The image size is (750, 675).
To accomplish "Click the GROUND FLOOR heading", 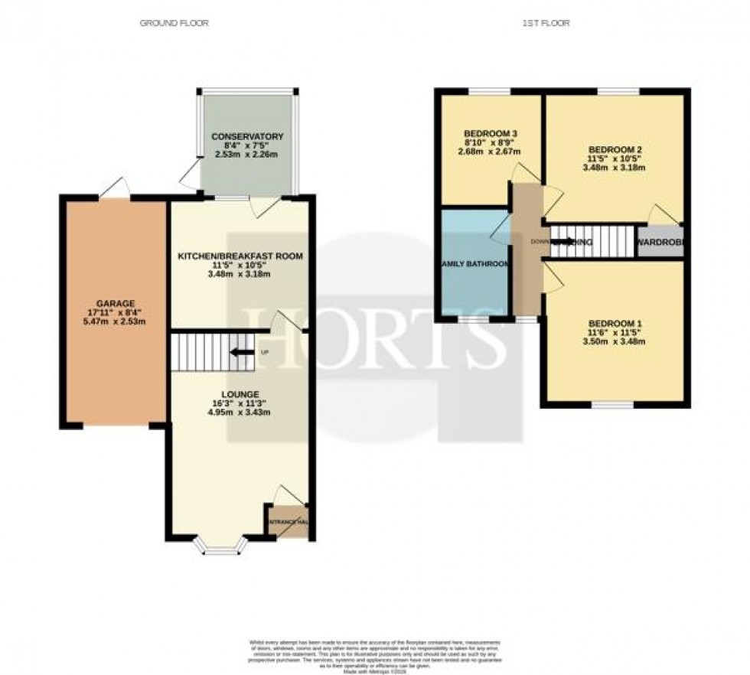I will (174, 23).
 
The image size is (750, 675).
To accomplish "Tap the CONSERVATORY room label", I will (247, 136).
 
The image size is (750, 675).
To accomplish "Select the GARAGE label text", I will (114, 302).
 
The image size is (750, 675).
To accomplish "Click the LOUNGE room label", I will (241, 393).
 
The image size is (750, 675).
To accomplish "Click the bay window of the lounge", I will (220, 546).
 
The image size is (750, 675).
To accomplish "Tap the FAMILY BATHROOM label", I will (474, 264).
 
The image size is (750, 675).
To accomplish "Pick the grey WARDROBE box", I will (660, 242).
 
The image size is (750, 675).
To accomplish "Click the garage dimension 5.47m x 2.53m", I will (114, 322).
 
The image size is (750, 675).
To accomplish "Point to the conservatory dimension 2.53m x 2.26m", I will (247, 155).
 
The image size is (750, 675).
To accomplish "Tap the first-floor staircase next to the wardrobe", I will (593, 242).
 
